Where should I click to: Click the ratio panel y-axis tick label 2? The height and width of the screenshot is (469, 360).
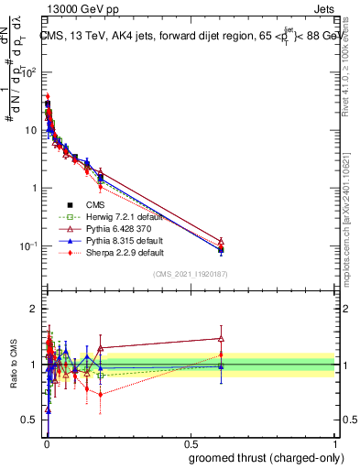pyautogui.click(x=36, y=309)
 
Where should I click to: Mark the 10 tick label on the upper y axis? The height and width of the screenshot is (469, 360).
pyautogui.click(x=33, y=129)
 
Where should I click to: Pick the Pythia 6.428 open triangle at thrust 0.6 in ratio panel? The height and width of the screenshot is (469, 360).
pyautogui.click(x=221, y=338)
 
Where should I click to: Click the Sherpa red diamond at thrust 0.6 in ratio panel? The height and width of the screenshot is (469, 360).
pyautogui.click(x=221, y=354)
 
